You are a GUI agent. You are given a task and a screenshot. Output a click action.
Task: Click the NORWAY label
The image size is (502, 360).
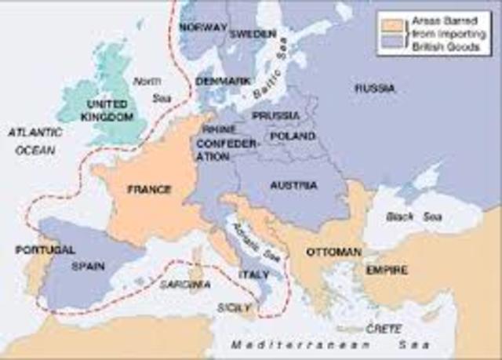pyautogui.click(x=202, y=27)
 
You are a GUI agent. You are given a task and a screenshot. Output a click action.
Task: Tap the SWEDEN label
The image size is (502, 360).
pyautogui.click(x=253, y=35)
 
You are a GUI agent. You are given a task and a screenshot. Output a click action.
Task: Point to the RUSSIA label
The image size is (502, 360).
pyautogui.click(x=374, y=88)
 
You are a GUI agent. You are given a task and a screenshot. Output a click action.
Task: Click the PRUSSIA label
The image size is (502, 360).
pyautogui.click(x=275, y=116)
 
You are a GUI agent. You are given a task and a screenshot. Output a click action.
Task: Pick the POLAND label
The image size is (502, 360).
pyautogui.click(x=292, y=136)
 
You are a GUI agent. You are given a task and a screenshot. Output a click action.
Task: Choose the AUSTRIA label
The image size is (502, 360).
pyautogui.click(x=293, y=186)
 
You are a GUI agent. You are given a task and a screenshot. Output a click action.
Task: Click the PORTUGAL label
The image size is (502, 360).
pyautogui.click(x=45, y=249)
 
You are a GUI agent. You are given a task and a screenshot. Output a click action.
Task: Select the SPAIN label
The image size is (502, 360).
pyautogui.click(x=89, y=266)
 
